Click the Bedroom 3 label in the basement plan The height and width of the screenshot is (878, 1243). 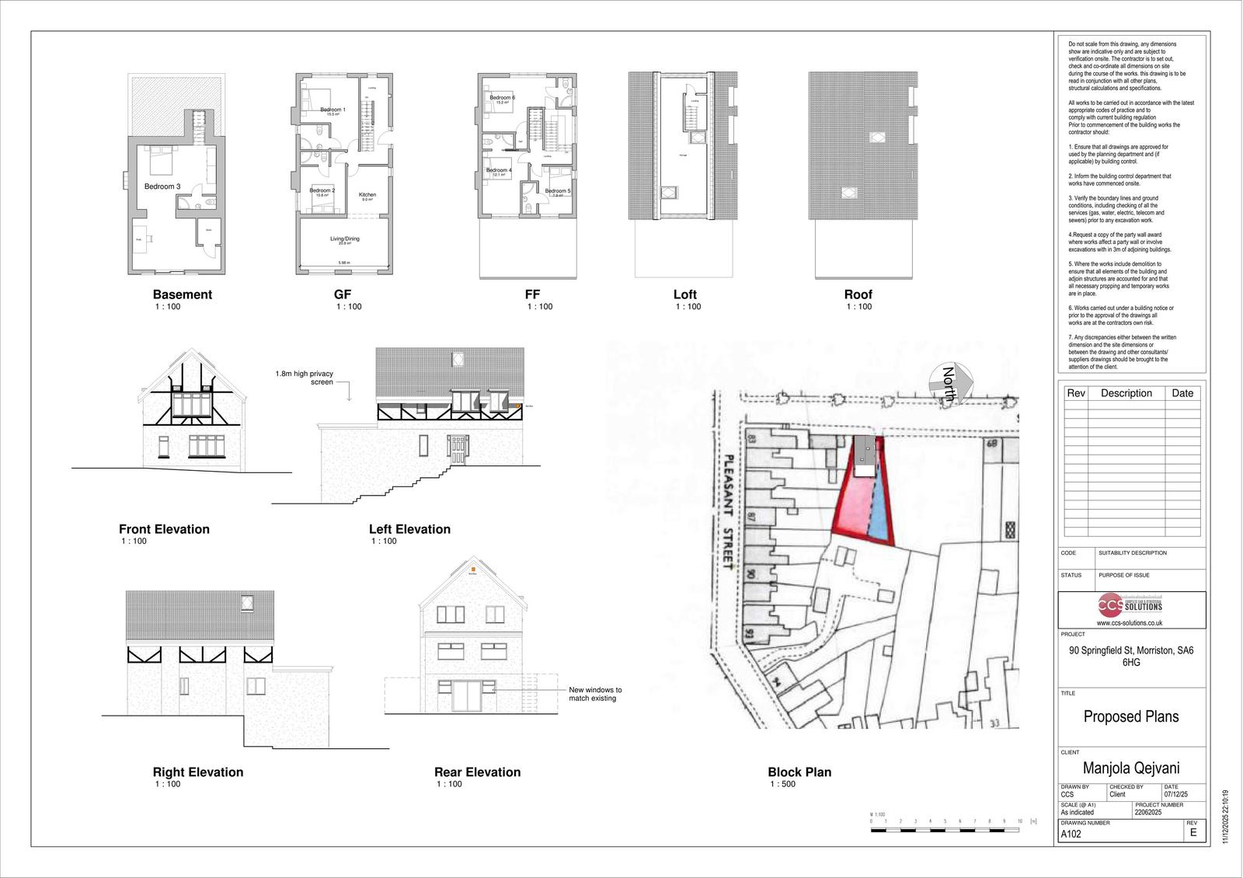pyautogui.click(x=162, y=186)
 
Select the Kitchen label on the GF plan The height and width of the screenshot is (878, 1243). pyautogui.click(x=367, y=195)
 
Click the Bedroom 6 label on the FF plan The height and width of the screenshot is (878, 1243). pyautogui.click(x=502, y=97)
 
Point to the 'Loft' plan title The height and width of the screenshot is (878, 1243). pyautogui.click(x=684, y=294)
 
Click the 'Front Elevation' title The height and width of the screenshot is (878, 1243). pyautogui.click(x=164, y=529)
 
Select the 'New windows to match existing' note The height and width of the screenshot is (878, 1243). pyautogui.click(x=595, y=694)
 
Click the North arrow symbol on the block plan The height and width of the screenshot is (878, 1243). pyautogui.click(x=951, y=384)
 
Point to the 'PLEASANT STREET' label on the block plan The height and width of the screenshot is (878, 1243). pyautogui.click(x=729, y=512)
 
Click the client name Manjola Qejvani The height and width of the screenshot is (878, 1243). pyautogui.click(x=1131, y=768)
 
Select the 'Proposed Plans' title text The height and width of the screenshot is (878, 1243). pyautogui.click(x=1131, y=716)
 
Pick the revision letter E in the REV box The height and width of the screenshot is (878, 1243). pyautogui.click(x=1193, y=833)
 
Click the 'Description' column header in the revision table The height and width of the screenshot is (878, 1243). pyautogui.click(x=1126, y=393)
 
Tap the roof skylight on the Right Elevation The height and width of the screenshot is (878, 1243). pyautogui.click(x=248, y=602)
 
